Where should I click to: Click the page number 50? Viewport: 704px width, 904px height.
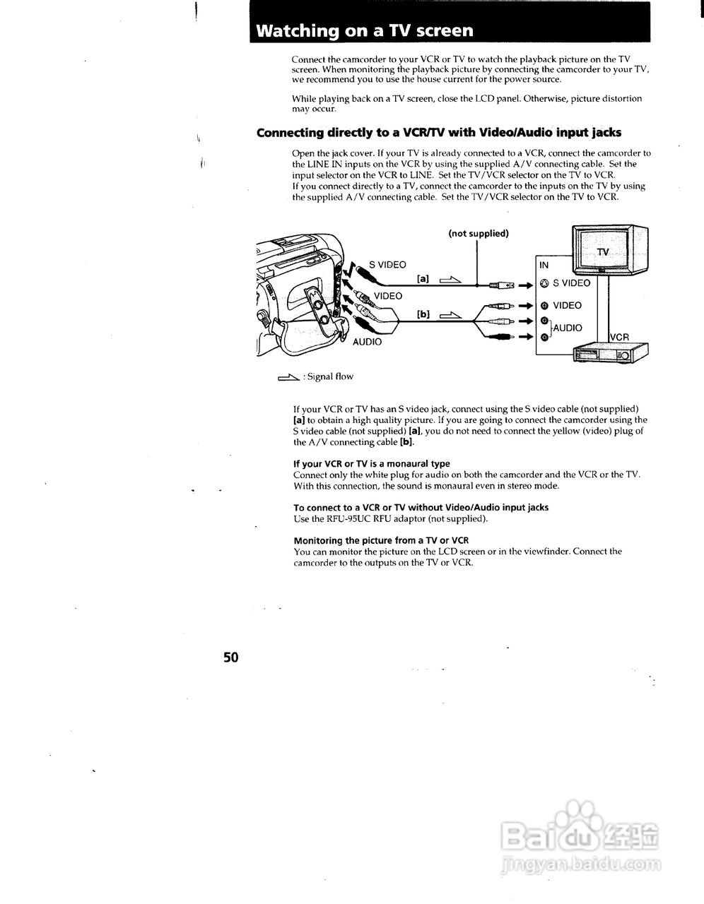(231, 658)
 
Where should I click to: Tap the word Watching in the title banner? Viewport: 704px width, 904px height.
(297, 31)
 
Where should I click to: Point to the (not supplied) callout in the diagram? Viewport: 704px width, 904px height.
(478, 234)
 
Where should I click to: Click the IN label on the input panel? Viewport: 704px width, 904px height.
(544, 266)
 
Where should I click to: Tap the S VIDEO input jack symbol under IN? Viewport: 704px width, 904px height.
(544, 283)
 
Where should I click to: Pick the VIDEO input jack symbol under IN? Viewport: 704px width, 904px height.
(544, 306)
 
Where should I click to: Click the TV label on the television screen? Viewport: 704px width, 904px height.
(602, 252)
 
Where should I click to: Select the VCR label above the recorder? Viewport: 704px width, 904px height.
(618, 338)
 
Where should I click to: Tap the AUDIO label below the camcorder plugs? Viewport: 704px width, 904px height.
(367, 342)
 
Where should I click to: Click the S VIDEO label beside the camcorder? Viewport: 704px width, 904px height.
(387, 265)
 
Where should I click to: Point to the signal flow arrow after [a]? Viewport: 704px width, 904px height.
(450, 280)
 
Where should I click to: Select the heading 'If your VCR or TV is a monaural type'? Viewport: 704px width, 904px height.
(372, 464)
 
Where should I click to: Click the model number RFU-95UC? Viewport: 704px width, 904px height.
(348, 518)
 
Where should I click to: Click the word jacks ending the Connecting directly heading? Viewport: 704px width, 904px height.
(606, 133)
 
